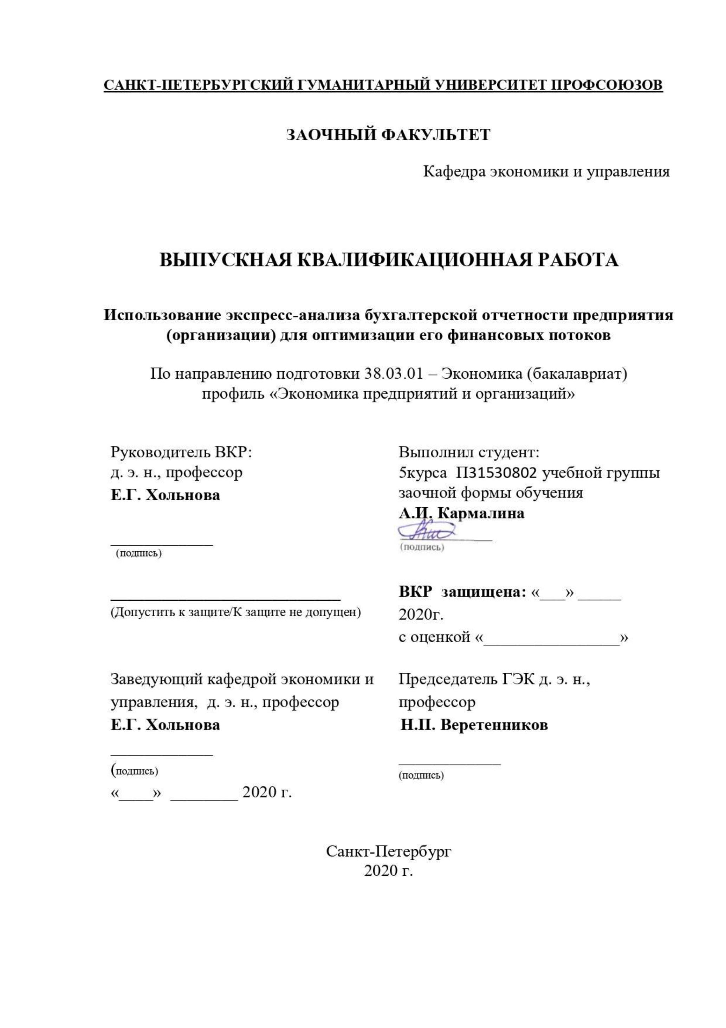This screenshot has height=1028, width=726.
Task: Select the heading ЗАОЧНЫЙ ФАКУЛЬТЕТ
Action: [388, 134]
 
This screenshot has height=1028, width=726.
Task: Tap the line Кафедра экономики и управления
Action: [546, 171]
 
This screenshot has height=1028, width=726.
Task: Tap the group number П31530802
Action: [497, 473]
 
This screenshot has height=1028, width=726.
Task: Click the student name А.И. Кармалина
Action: [461, 513]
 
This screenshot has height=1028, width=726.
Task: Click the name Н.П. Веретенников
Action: [474, 725]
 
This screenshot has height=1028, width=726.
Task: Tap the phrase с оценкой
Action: [434, 637]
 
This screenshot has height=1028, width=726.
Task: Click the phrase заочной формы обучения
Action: [491, 493]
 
